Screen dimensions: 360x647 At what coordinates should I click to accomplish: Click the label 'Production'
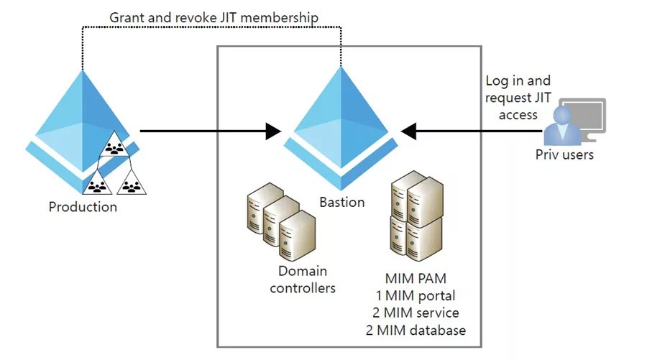click(82, 207)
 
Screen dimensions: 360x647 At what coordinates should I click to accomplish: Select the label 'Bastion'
click(341, 202)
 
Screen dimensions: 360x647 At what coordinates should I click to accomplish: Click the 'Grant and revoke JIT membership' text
click(214, 16)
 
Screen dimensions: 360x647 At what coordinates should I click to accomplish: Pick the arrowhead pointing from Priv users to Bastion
click(409, 131)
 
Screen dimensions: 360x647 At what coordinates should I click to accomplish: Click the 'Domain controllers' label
click(302, 280)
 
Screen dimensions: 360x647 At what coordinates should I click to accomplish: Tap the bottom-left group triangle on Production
click(97, 185)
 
